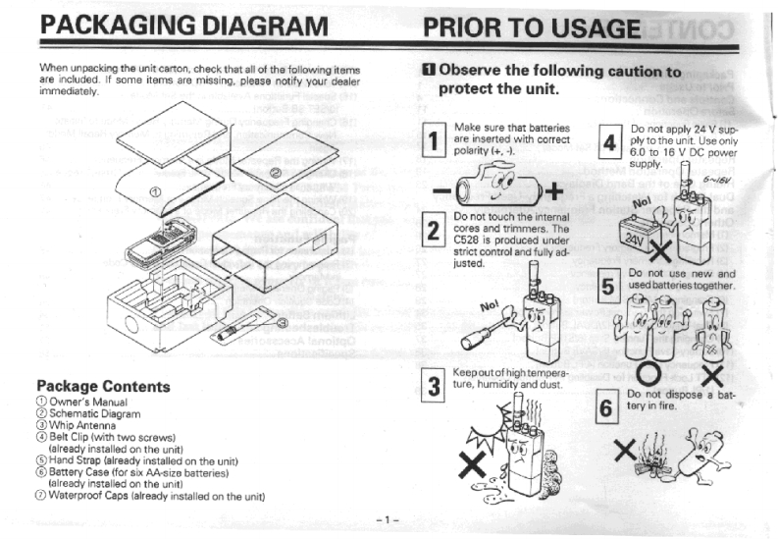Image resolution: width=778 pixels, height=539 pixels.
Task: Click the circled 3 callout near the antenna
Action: (x=282, y=322)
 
